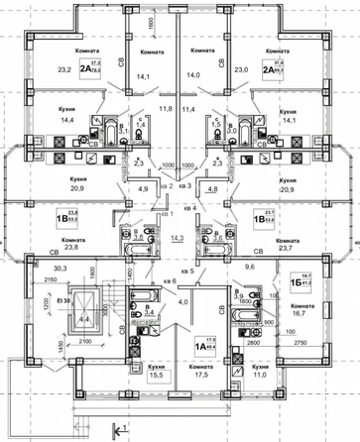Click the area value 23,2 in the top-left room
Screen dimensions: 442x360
tap(65, 69)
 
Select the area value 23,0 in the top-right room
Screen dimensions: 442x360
tap(240, 69)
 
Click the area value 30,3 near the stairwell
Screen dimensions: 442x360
tap(60, 268)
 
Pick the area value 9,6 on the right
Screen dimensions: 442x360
tap(249, 268)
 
